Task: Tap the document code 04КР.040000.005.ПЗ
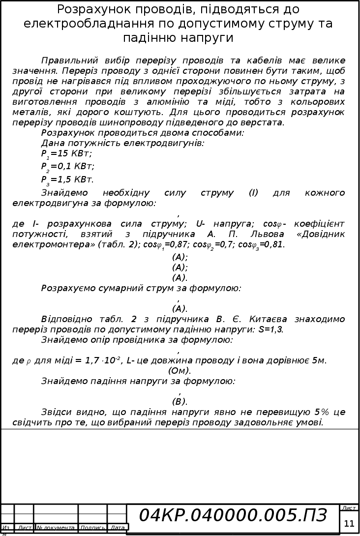233,515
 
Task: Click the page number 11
349,523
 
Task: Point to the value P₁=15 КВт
66,154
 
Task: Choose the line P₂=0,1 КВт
68,166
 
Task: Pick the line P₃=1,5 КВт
67,179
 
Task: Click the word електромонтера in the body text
49,244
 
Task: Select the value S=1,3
270,329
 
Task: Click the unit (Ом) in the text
180,371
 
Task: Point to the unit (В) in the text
180,402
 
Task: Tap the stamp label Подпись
92,528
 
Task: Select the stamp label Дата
118,528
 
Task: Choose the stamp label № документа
55,528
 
